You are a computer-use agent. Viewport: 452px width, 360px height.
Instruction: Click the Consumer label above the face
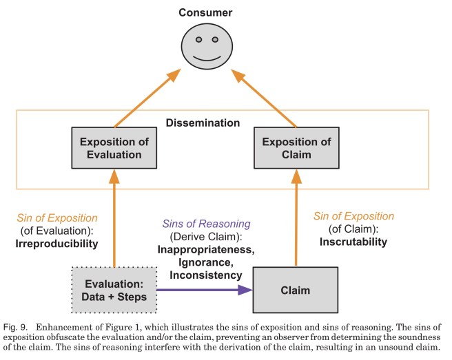coord(205,13)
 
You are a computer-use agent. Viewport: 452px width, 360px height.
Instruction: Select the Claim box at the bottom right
coord(297,290)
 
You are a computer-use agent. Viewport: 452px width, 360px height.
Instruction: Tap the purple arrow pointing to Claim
coord(204,290)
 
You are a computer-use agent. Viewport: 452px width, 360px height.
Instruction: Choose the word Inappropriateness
coord(204,250)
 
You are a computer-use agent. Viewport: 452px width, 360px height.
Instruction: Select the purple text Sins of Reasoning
coord(204,224)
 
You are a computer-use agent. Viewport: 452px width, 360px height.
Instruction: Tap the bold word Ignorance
coord(204,262)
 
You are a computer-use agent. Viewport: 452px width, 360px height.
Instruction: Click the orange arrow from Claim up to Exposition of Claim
coord(297,217)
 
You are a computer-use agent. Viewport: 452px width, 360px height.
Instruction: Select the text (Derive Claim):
coord(204,237)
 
